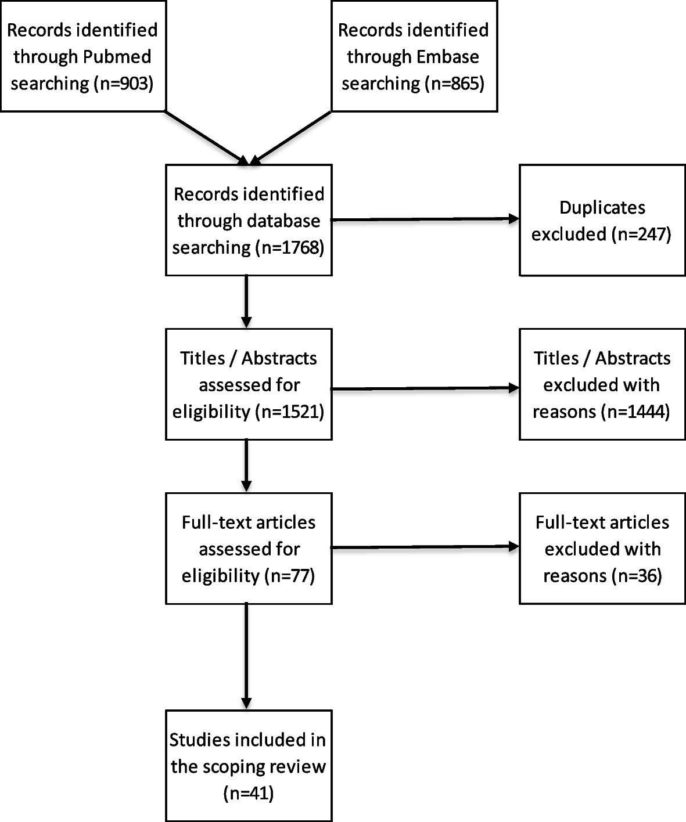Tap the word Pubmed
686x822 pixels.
(118, 57)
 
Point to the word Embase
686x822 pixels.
(448, 57)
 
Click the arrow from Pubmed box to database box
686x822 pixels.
(206, 137)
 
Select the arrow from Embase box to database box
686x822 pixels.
(290, 138)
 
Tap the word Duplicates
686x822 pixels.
(602, 208)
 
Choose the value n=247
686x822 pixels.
(642, 235)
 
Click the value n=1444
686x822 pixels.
(637, 412)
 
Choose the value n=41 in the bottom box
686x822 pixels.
(249, 794)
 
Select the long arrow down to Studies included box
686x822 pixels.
(246, 656)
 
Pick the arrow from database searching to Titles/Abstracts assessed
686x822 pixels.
(246, 301)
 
